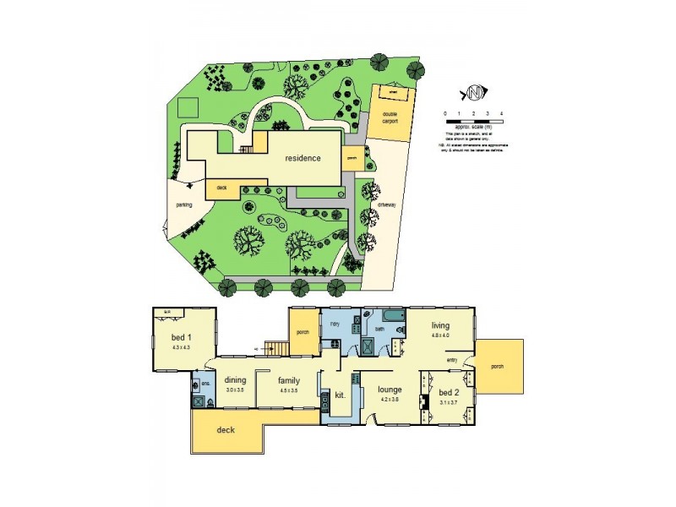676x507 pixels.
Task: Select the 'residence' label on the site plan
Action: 303,158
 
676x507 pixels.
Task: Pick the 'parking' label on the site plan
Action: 184,204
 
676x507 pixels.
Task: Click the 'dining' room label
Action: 235,379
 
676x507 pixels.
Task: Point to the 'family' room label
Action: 288,379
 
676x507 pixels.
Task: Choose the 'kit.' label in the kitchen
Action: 341,394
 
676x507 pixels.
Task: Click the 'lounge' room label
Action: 390,390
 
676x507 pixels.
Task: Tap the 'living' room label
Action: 440,324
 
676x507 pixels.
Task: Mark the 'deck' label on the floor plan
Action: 225,429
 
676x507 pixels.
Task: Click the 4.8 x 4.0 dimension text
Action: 440,335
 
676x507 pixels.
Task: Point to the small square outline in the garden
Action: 188,107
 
